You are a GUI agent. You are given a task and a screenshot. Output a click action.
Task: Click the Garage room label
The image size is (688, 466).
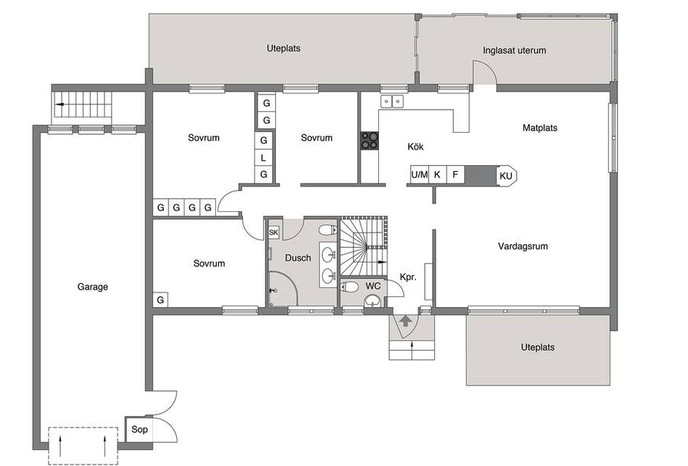[92, 286]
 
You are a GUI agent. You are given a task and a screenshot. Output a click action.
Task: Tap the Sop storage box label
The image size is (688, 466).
[140, 429]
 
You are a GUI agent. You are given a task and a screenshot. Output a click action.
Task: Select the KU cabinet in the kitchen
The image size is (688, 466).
[506, 176]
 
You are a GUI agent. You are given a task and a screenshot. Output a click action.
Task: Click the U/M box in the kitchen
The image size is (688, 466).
[420, 174]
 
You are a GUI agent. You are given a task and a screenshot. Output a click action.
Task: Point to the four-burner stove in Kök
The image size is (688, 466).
[370, 140]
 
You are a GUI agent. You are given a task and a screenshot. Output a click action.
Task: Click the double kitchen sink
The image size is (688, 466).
[392, 101]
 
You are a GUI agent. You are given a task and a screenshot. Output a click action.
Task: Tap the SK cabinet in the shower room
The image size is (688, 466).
[274, 233]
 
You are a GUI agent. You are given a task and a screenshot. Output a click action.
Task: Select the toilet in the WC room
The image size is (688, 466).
[350, 287]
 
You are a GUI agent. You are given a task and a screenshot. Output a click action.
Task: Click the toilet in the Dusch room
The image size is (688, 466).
[327, 230]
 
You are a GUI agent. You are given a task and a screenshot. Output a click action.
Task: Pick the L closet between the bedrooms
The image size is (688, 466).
[263, 158]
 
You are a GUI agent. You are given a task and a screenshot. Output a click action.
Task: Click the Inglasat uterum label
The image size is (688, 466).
[514, 51]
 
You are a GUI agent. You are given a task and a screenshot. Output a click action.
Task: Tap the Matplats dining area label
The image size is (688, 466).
[540, 128]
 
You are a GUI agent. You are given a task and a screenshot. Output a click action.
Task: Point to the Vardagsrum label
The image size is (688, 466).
[523, 246]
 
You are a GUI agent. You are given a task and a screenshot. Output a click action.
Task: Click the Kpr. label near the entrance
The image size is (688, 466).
[408, 277]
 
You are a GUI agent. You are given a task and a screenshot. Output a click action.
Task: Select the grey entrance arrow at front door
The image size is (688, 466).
[405, 321]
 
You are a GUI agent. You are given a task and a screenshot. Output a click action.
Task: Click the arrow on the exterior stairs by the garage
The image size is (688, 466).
[60, 104]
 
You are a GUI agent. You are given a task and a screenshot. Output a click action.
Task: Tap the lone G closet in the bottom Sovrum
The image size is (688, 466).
[161, 300]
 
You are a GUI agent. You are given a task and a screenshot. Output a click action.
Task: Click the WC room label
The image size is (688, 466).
[373, 286]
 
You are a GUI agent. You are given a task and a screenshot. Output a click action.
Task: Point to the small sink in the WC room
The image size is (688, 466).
[374, 301]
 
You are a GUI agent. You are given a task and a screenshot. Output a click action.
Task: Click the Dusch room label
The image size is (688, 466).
[298, 258]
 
